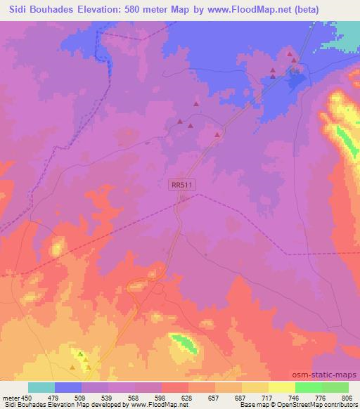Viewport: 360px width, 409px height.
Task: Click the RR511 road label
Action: coord(182,184)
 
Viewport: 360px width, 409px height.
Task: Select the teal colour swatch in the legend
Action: coord(41,387)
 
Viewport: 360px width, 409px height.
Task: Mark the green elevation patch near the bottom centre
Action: coord(184,344)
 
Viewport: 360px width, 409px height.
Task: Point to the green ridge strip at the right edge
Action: coord(346,141)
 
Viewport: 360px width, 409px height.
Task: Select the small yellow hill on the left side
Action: coord(57,247)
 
